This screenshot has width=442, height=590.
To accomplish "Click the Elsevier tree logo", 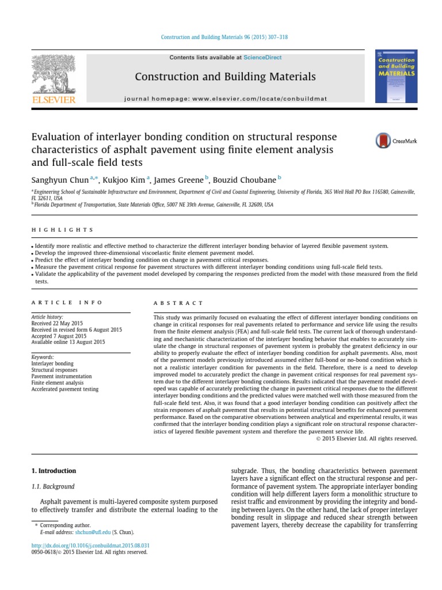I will (x=53, y=75).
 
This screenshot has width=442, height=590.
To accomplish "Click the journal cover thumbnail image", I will (x=397, y=76).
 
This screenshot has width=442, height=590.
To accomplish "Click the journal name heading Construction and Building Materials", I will (x=225, y=77).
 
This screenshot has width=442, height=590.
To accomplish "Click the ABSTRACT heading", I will (x=178, y=302).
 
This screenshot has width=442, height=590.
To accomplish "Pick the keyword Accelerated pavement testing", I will (x=64, y=389).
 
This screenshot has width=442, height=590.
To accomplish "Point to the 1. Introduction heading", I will (x=54, y=471).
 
